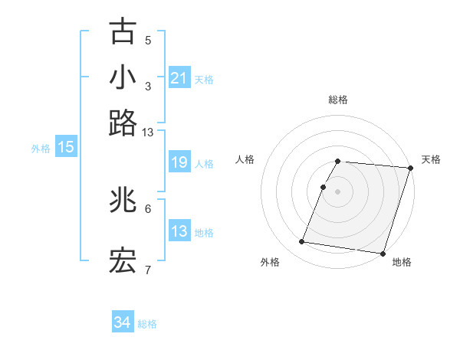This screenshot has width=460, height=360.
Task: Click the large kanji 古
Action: click(x=123, y=31)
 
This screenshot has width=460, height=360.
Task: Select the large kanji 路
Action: click(x=123, y=123)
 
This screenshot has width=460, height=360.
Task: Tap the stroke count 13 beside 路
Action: click(x=147, y=133)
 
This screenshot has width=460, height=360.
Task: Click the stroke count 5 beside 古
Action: click(x=148, y=41)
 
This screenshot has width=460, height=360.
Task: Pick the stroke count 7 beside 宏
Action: click(x=148, y=270)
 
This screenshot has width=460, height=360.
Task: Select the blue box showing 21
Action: click(x=179, y=78)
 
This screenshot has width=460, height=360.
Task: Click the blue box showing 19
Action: click(x=179, y=162)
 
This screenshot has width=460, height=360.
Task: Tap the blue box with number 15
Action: click(x=66, y=148)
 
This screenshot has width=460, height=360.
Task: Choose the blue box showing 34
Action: click(x=123, y=322)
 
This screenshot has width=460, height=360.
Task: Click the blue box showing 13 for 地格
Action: click(x=179, y=231)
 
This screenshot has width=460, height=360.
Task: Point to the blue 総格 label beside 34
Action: click(x=147, y=324)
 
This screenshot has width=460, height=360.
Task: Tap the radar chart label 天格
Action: click(x=431, y=159)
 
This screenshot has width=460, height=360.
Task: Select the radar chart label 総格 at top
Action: click(x=338, y=100)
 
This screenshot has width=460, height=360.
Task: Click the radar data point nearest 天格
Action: click(x=410, y=169)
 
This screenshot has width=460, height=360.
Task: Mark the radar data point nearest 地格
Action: click(x=383, y=254)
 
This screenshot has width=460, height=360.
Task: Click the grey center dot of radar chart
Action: click(x=338, y=191)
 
